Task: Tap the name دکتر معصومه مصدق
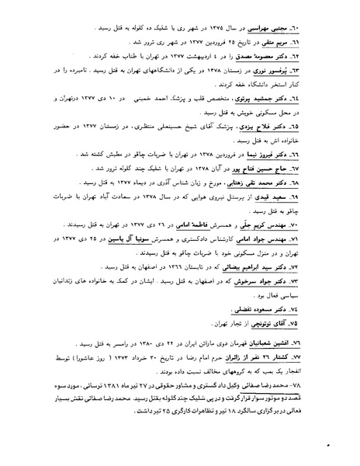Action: pos(275,56)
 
